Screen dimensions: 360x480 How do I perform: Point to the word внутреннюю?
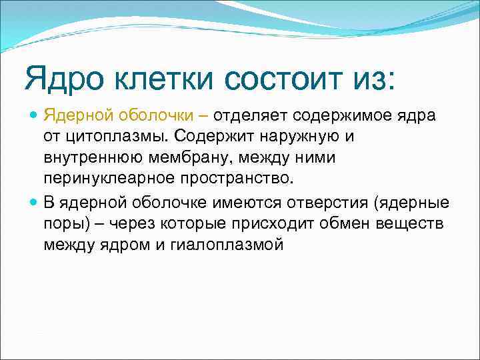click(x=88, y=159)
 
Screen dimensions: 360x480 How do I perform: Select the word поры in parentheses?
click(x=62, y=224)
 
